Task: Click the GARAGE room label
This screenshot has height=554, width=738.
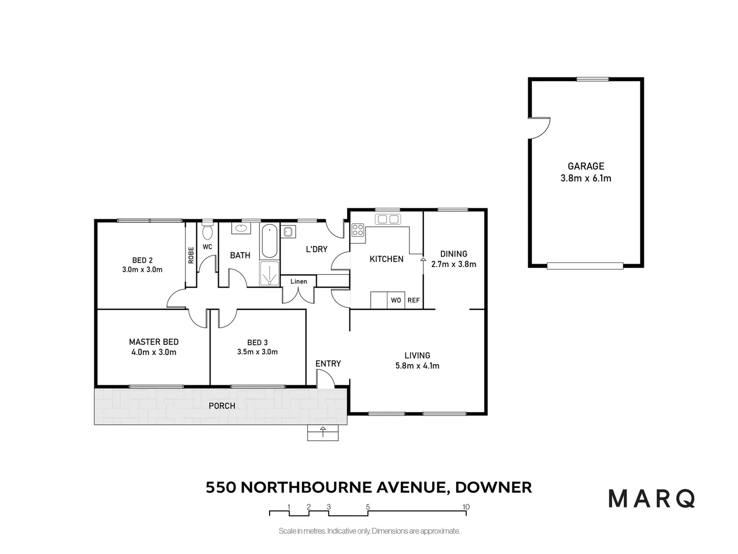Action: (585, 166)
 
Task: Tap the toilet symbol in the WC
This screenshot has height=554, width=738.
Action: (207, 232)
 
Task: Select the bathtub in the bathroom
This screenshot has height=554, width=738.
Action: (270, 242)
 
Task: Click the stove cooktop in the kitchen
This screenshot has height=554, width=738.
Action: (358, 230)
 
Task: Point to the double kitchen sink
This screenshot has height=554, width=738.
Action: (387, 220)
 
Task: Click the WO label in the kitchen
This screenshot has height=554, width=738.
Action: (396, 301)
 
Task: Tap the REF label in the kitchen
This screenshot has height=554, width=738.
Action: (413, 301)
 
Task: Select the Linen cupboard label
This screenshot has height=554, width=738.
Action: (299, 282)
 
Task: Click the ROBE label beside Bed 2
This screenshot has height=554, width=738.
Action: (191, 255)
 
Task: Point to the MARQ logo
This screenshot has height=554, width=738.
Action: (651, 498)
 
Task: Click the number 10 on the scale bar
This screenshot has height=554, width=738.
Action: (466, 507)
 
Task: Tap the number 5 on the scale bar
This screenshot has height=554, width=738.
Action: (368, 507)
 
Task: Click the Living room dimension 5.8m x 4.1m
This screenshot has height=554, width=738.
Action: (417, 366)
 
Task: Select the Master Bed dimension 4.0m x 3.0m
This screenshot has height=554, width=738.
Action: (154, 352)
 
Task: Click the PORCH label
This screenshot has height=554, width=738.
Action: (222, 406)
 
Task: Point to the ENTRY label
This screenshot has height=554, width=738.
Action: (328, 364)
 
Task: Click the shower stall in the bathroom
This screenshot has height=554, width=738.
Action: (270, 273)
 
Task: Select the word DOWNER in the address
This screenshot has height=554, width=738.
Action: (494, 487)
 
